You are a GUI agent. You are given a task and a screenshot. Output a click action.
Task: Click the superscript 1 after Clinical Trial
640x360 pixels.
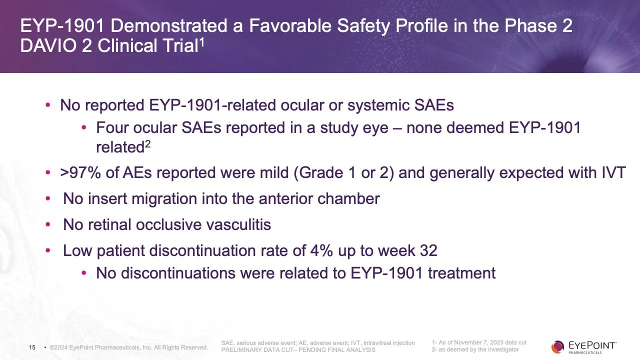[x=202, y=42]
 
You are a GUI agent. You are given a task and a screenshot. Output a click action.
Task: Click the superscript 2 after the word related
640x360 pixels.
[x=148, y=144]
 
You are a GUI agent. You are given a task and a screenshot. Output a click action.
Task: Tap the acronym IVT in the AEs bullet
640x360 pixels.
[x=613, y=173]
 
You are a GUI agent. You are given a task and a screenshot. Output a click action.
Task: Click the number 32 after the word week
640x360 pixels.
[x=428, y=250]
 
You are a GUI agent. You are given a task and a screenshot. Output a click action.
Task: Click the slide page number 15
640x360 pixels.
[x=32, y=347]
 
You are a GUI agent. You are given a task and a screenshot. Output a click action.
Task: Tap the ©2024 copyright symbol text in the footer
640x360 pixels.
[x=59, y=347]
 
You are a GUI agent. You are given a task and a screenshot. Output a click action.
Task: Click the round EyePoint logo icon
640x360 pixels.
[x=557, y=346]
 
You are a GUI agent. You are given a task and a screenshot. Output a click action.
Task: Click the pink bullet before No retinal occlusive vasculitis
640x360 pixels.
[x=48, y=225]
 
